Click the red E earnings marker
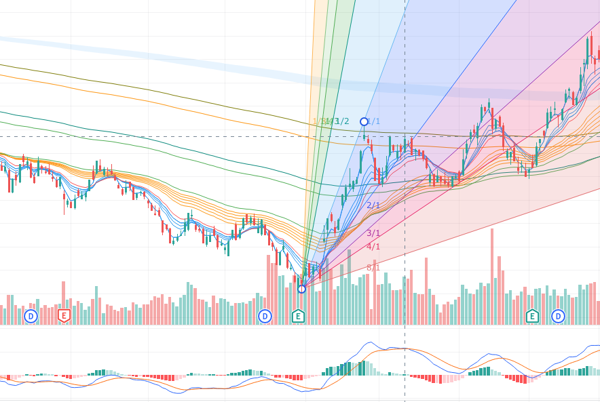[64, 316]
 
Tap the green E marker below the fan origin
[298, 316]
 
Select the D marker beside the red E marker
[30, 316]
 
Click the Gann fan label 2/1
[373, 205]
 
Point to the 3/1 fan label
[373, 233]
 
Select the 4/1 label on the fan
[373, 247]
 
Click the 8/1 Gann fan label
[373, 268]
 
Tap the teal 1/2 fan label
[342, 121]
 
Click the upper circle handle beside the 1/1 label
[364, 121]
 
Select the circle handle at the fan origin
[301, 289]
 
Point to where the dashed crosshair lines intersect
[405, 136]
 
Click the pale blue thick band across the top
[204, 60]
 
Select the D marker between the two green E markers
[265, 316]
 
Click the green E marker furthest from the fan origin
[532, 316]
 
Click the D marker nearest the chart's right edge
[558, 316]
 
